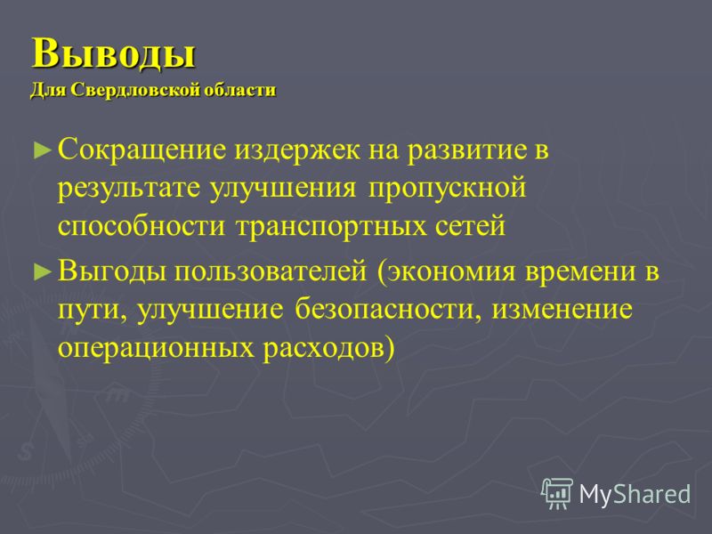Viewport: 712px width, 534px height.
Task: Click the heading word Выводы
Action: pyautogui.click(x=114, y=53)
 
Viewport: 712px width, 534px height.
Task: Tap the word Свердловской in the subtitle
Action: pyautogui.click(x=133, y=90)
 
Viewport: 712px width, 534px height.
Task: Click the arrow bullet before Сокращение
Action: pyautogui.click(x=42, y=150)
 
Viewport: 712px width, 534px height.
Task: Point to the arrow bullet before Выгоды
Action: pyautogui.click(x=42, y=271)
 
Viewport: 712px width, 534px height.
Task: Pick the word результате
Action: pyautogui.click(x=128, y=189)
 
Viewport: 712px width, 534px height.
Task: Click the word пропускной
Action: pyautogui.click(x=448, y=189)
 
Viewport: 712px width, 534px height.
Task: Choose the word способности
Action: pyautogui.click(x=142, y=226)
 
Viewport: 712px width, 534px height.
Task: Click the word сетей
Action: pyautogui.click(x=471, y=226)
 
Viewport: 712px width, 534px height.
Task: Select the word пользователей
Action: pyautogui.click(x=271, y=271)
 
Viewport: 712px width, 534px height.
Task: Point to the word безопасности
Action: pyautogui.click(x=387, y=310)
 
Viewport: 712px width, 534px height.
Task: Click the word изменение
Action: pyautogui.click(x=562, y=310)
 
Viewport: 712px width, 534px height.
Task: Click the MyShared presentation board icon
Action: pyautogui.click(x=557, y=494)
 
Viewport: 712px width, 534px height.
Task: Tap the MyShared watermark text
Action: pyautogui.click(x=635, y=494)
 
